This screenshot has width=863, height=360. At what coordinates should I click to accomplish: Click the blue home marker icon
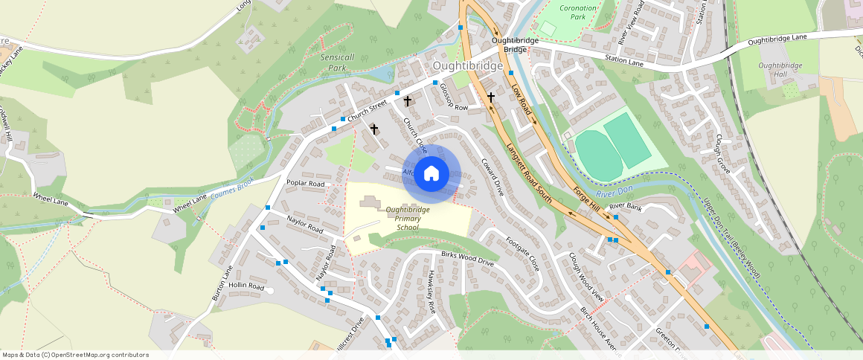coord(431,174)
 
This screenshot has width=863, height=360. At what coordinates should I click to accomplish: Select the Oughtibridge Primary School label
coord(407,218)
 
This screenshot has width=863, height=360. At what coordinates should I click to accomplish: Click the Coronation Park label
coord(578,12)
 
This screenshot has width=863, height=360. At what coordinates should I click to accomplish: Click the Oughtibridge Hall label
coord(780,70)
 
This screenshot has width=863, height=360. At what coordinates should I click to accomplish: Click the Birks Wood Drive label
coord(467,259)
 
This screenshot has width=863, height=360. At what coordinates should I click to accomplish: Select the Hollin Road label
coord(246,286)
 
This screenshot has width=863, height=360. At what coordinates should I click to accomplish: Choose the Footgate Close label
coord(522,254)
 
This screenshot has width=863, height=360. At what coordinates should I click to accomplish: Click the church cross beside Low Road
coord(490,97)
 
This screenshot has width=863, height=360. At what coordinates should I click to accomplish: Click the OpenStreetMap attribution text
coord(76,355)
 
